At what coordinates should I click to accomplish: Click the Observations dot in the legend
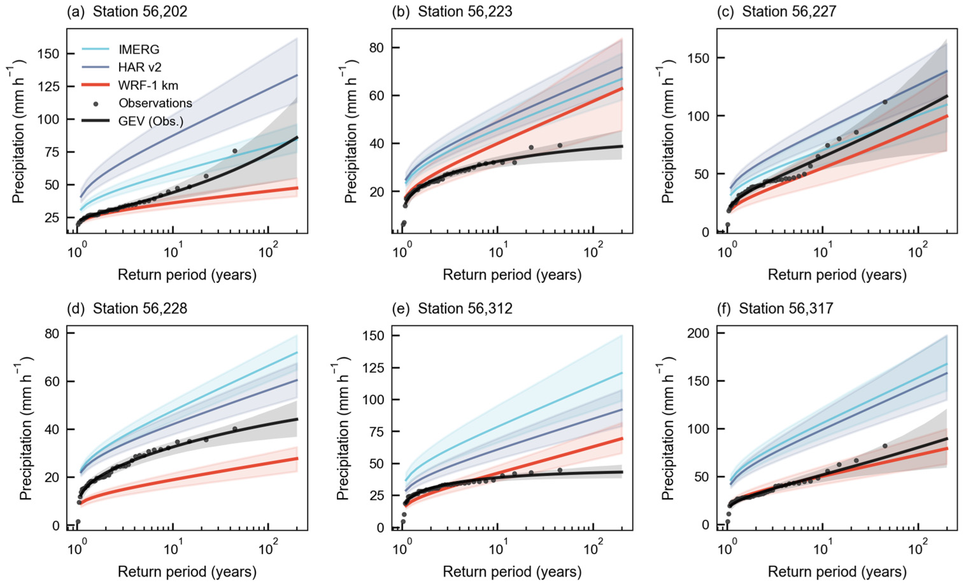tap(96, 103)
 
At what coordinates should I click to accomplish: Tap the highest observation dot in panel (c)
tap(885, 102)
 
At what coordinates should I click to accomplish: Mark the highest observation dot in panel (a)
tap(235, 151)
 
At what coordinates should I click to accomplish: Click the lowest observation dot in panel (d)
tap(78, 521)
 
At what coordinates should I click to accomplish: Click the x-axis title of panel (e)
tap(512, 572)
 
